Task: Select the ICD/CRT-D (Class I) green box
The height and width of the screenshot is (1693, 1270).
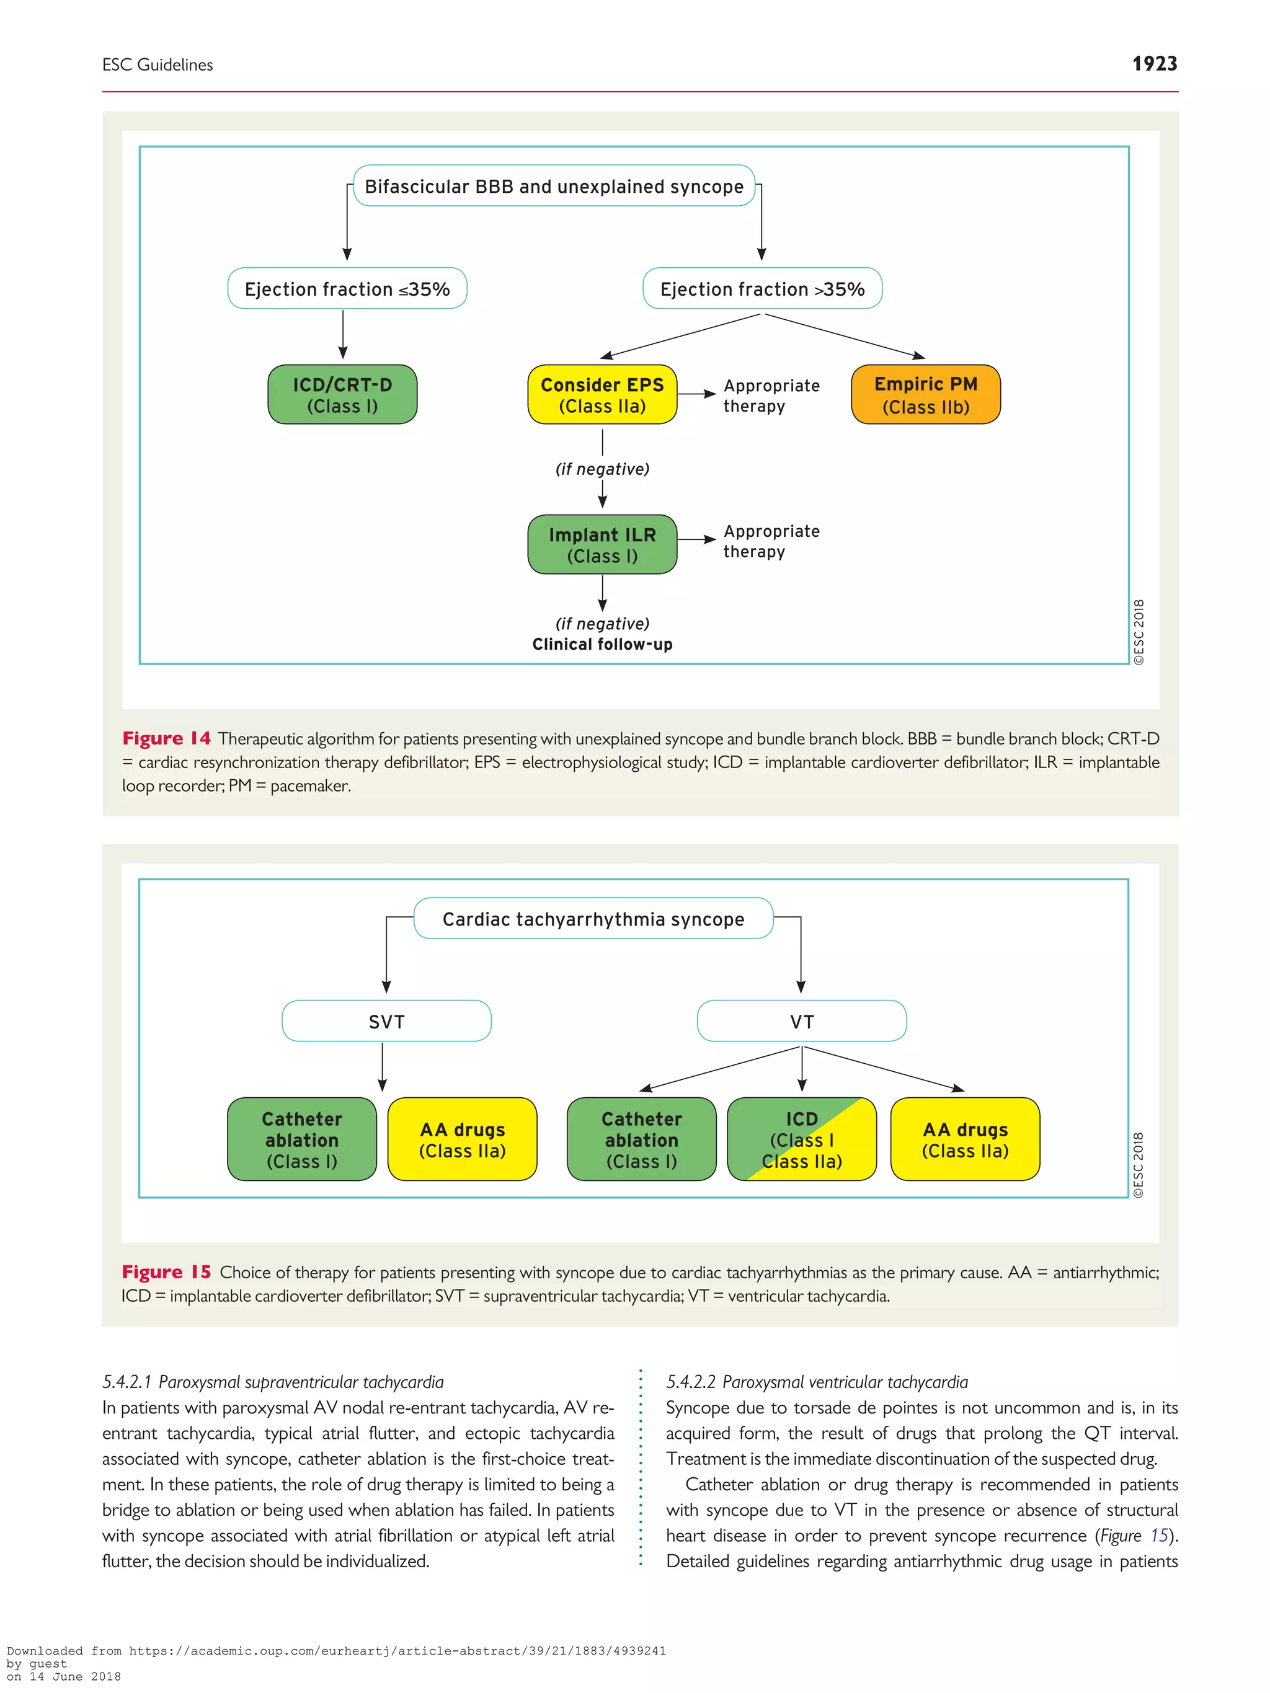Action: pyautogui.click(x=342, y=395)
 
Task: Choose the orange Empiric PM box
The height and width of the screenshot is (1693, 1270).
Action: pyautogui.click(x=925, y=395)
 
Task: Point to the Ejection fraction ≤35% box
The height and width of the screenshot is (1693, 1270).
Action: pyautogui.click(x=347, y=288)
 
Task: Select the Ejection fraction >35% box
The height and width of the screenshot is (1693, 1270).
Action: pyautogui.click(x=762, y=288)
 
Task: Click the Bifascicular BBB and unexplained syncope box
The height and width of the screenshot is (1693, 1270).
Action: pyautogui.click(x=554, y=186)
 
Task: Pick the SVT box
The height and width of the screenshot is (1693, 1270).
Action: pyautogui.click(x=386, y=1021)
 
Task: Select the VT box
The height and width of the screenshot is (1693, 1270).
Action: pyautogui.click(x=801, y=1021)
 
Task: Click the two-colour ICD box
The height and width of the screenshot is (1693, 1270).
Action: pyautogui.click(x=801, y=1139)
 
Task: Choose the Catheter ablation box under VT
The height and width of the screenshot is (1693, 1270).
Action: pyautogui.click(x=641, y=1139)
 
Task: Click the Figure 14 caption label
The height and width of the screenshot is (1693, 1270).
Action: pyautogui.click(x=166, y=738)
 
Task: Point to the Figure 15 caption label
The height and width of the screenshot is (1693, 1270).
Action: pyautogui.click(x=166, y=1271)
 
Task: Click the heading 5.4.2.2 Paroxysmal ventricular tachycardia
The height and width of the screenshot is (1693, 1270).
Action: pyautogui.click(x=816, y=1382)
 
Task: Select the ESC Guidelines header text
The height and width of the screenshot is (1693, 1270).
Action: pyautogui.click(x=158, y=65)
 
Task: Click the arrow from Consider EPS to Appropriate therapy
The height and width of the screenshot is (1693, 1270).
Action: pyautogui.click(x=696, y=394)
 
